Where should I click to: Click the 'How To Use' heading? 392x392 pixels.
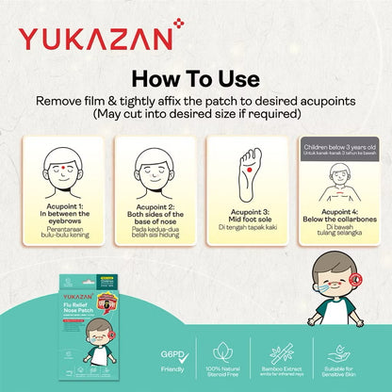195,79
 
